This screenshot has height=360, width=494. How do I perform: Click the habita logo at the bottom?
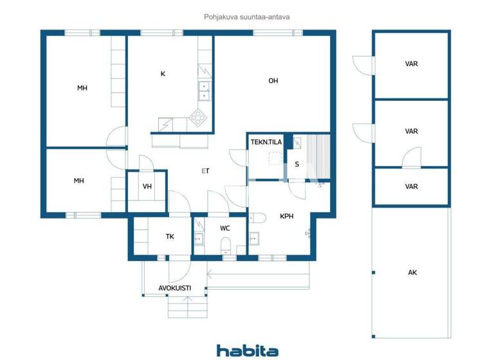247,350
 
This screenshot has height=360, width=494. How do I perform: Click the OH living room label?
273,80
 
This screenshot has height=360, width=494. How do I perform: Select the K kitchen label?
163,74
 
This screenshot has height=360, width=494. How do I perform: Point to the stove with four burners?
198,117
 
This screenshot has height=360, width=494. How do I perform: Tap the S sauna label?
297,164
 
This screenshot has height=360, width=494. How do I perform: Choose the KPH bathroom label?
286,217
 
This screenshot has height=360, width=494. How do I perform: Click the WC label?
225,228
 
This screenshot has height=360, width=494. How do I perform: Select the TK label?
170,237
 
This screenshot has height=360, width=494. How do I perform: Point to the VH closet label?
147,186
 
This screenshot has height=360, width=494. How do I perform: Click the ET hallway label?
205,171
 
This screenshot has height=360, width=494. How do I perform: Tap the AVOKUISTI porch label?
174,288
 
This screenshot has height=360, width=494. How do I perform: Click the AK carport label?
412,273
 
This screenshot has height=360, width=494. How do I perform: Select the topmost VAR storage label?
412,64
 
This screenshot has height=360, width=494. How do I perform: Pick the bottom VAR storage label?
412,186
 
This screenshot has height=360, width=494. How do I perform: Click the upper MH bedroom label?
82,88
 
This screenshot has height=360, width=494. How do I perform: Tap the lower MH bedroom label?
78,181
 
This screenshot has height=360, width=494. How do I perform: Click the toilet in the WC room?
225,244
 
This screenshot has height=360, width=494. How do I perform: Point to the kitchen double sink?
204,91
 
